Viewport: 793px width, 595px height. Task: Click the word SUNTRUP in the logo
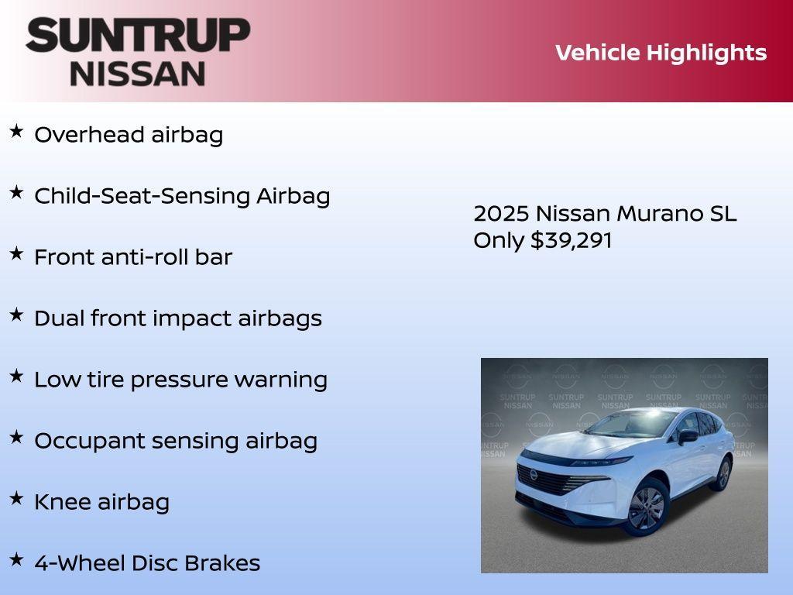tap(138, 35)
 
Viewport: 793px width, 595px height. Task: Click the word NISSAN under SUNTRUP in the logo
tap(138, 74)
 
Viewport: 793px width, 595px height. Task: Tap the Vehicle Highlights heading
tap(661, 53)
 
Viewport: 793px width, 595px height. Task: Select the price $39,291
tap(572, 240)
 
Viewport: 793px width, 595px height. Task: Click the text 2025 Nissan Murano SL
tap(605, 214)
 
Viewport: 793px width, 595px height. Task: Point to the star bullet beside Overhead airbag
tap(16, 131)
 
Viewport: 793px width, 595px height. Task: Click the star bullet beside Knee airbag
tap(16, 498)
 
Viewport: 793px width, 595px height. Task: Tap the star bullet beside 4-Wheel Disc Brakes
tap(16, 559)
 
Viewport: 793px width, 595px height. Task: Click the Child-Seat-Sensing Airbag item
tap(182, 196)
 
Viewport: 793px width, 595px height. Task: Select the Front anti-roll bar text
tap(132, 257)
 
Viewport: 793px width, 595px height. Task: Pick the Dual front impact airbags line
tap(177, 318)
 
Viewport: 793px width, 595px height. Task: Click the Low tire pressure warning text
tap(180, 380)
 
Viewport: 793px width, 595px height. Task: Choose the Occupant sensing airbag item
tap(176, 441)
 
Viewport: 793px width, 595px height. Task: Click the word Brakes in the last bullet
tap(228, 563)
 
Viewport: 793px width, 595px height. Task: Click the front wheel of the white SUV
tap(646, 508)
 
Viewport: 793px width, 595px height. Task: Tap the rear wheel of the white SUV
tap(723, 473)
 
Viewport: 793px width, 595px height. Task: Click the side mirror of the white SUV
tap(687, 437)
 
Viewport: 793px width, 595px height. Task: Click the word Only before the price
tap(499, 240)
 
